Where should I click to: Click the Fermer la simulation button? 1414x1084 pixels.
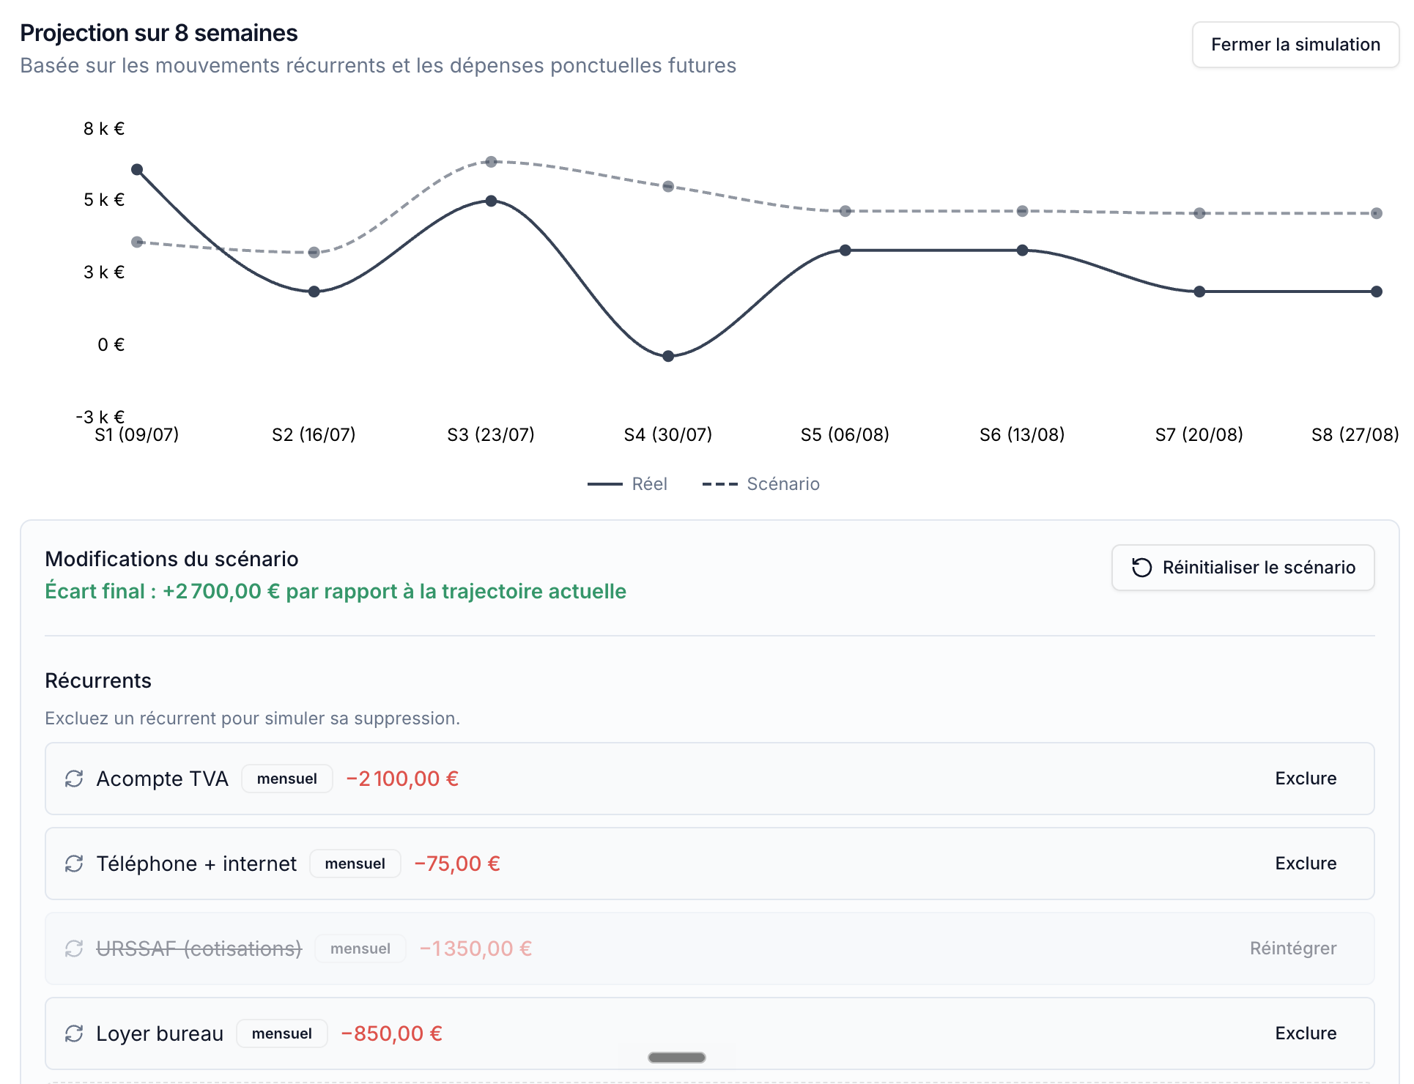(1295, 45)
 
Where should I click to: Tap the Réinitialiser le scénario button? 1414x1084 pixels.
(1243, 568)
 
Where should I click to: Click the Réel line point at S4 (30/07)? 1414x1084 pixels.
(668, 356)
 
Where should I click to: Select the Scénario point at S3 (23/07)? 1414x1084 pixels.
(491, 161)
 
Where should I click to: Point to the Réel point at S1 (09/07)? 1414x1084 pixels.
(137, 169)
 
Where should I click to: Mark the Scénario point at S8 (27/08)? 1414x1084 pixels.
(1377, 213)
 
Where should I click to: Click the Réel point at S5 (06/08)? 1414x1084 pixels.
(845, 250)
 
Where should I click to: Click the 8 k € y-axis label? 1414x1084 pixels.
(104, 129)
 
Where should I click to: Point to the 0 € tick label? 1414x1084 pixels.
(111, 344)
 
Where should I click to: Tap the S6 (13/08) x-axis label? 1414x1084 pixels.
(1022, 434)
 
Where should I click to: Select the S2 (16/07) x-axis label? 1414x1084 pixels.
(314, 434)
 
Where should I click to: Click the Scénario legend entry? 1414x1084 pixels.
(761, 484)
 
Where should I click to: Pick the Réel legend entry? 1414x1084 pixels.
(627, 484)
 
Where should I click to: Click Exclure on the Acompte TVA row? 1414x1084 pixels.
(1306, 779)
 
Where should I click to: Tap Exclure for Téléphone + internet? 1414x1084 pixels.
(1306, 864)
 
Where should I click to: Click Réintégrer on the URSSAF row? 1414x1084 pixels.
(1293, 948)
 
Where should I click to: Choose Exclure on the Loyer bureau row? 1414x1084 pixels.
(1306, 1033)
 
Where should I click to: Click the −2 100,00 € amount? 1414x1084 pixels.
(402, 779)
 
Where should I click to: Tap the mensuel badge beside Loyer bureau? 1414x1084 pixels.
(282, 1033)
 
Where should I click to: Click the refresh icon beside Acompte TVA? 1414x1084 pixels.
(74, 779)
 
